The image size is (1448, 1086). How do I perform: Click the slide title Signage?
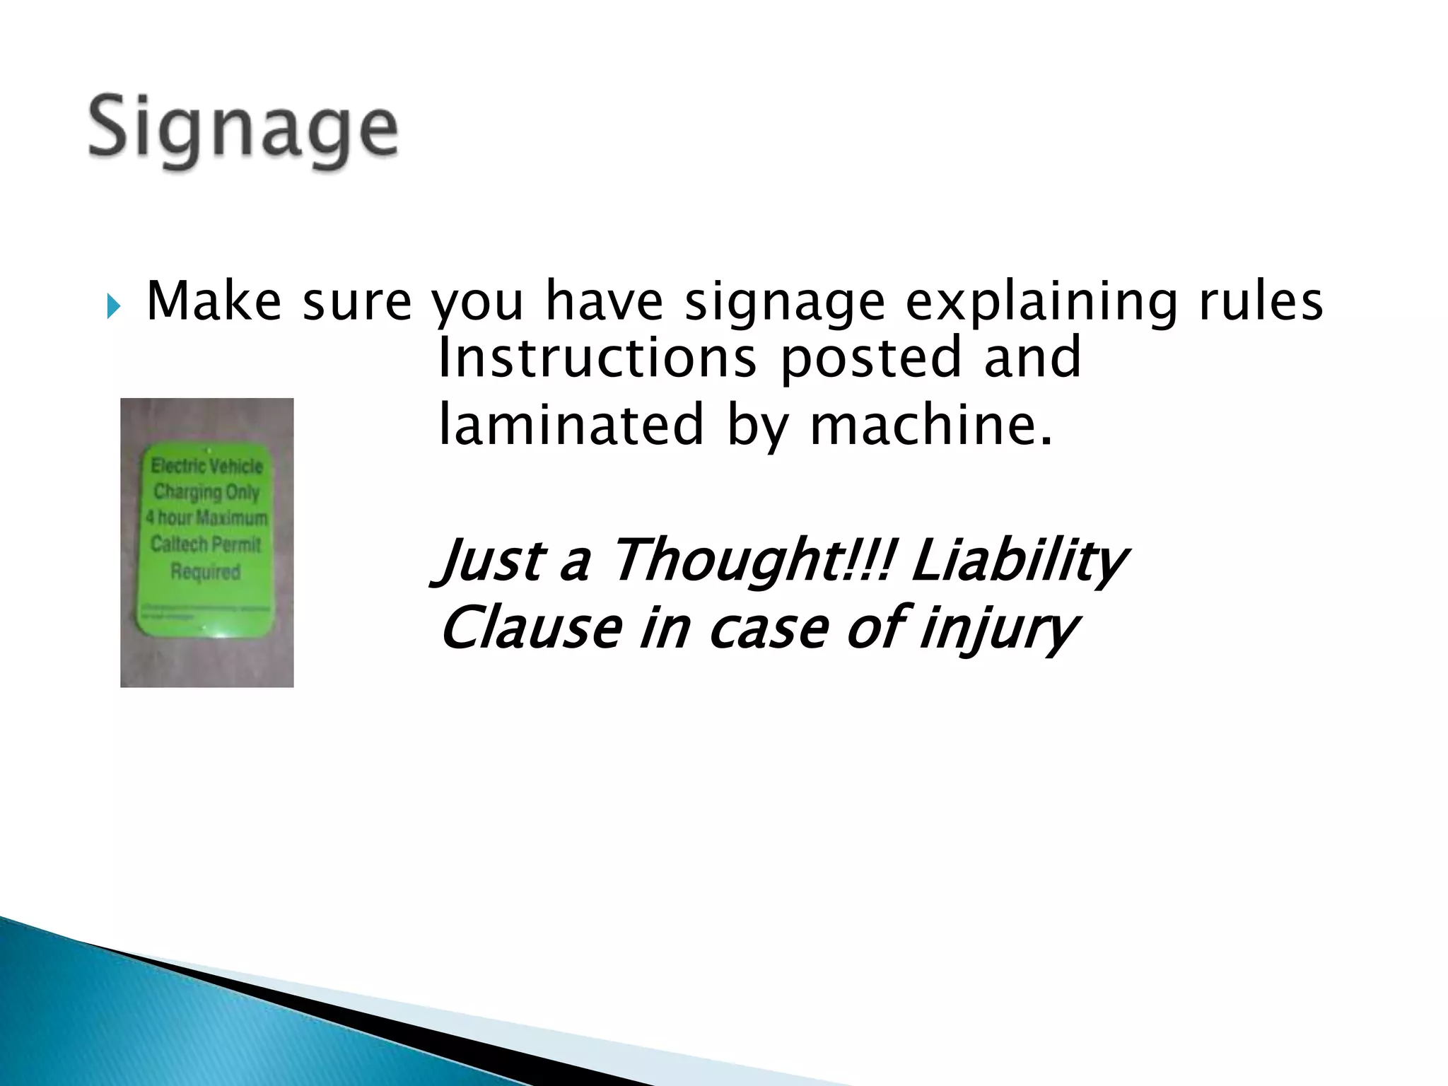(243, 131)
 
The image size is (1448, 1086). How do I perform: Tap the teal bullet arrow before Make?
(114, 307)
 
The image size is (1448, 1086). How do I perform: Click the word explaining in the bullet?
(1042, 303)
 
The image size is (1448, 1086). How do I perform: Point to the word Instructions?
(597, 358)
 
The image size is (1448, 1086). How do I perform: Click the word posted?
(870, 359)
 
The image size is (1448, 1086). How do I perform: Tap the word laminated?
(571, 425)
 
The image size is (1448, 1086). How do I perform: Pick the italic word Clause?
(530, 628)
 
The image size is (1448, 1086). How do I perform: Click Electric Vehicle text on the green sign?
(206, 466)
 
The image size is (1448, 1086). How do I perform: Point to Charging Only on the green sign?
(206, 491)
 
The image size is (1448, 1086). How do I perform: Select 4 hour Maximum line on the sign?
(206, 518)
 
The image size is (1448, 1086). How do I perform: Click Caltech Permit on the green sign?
(206, 544)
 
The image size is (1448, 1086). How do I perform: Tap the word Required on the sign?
(206, 571)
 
